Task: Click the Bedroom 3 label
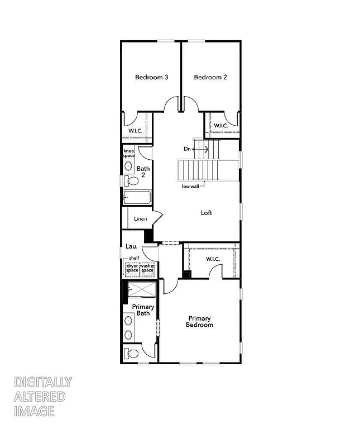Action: [x=151, y=77]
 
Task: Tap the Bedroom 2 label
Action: [x=210, y=77]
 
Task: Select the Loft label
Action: [x=207, y=213]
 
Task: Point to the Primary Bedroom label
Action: [x=199, y=321]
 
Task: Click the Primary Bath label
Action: [x=143, y=310]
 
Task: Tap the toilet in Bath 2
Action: [x=131, y=180]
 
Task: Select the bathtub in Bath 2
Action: [x=137, y=198]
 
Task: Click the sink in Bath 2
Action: [x=128, y=166]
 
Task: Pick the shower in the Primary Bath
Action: [x=142, y=290]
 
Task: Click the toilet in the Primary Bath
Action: [x=132, y=354]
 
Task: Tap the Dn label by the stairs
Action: [x=188, y=149]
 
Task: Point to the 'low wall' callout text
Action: [x=190, y=187]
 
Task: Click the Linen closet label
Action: [x=141, y=218]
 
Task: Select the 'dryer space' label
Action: [x=132, y=268]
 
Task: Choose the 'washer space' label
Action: [x=147, y=268]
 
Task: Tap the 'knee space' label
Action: [x=129, y=153]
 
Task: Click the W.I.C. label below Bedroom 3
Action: [x=136, y=131]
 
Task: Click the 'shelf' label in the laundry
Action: [x=133, y=258]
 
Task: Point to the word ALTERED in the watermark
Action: [x=40, y=397]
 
